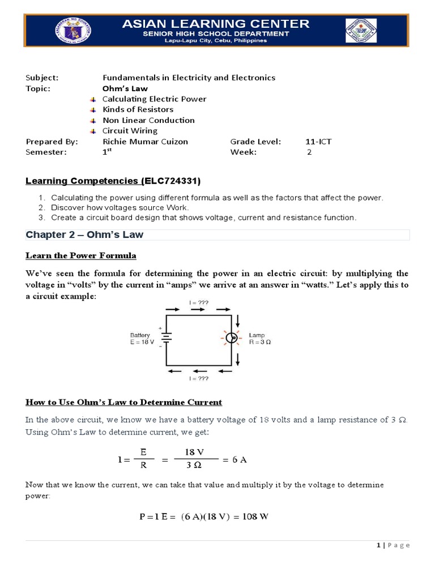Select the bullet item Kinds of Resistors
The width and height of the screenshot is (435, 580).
pyautogui.click(x=138, y=109)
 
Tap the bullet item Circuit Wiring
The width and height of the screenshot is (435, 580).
pyautogui.click(x=130, y=130)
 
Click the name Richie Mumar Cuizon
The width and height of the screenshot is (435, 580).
pyautogui.click(x=144, y=141)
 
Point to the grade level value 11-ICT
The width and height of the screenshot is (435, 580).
pyautogui.click(x=318, y=141)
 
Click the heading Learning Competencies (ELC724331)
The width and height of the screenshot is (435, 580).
pyautogui.click(x=113, y=181)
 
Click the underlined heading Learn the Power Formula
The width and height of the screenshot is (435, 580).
pyautogui.click(x=81, y=255)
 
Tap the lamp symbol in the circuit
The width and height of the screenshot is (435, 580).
pyautogui.click(x=231, y=339)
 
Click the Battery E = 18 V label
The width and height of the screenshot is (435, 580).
pyautogui.click(x=142, y=339)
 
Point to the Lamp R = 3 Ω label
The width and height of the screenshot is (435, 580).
pyautogui.click(x=259, y=339)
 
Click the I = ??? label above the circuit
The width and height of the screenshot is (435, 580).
pyautogui.click(x=199, y=303)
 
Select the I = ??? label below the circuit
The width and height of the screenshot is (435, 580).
pyautogui.click(x=199, y=378)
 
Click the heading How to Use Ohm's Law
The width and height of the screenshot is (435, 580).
pyautogui.click(x=124, y=402)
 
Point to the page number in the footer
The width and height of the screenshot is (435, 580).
pyautogui.click(x=378, y=545)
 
